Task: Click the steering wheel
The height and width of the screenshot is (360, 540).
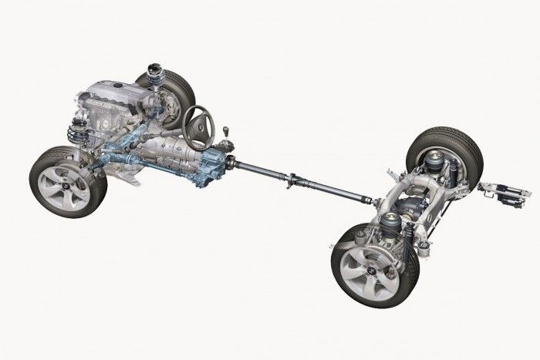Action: point(200,123)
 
